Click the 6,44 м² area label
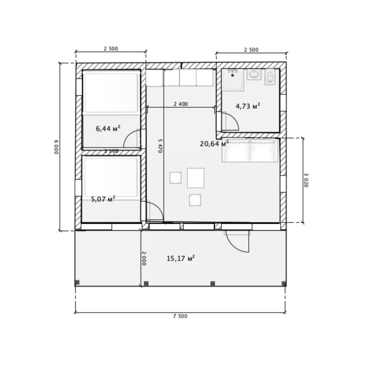point(108,128)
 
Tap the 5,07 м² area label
point(103,199)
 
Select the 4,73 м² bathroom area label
point(248,106)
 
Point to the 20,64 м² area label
point(214,144)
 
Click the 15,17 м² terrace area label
point(181,258)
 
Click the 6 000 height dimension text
point(56,147)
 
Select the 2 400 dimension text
point(181,104)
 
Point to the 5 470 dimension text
point(160,146)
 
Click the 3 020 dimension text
point(306,180)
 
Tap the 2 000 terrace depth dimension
point(144,258)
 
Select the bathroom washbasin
point(254,74)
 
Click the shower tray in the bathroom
point(233,80)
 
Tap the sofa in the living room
point(250,150)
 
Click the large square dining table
point(195,178)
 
